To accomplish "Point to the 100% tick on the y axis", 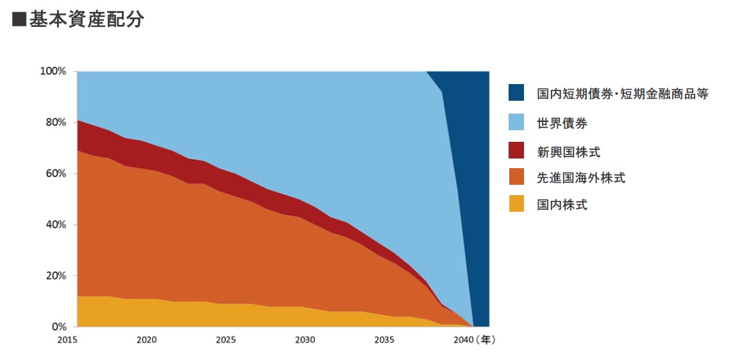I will (x=53, y=71).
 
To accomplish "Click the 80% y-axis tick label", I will (x=55, y=123).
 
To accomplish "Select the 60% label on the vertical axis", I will (x=55, y=174).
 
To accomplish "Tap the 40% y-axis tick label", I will (x=55, y=225).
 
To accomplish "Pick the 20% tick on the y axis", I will (x=55, y=276).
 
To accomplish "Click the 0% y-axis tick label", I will (x=58, y=327).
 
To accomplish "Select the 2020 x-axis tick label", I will (x=147, y=340).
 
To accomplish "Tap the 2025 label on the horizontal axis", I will (x=226, y=340).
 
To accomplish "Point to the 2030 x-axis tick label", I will (x=305, y=340).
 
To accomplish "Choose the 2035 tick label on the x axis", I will (x=384, y=340).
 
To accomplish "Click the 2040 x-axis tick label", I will (x=463, y=340).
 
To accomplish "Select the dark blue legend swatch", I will (x=516, y=92).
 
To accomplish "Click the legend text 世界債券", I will (x=562, y=123).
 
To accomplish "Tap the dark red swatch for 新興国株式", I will (x=516, y=151).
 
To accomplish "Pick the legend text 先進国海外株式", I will (x=581, y=178).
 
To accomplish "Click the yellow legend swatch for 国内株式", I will (x=516, y=204).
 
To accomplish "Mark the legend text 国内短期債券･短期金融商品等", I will (x=623, y=94).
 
